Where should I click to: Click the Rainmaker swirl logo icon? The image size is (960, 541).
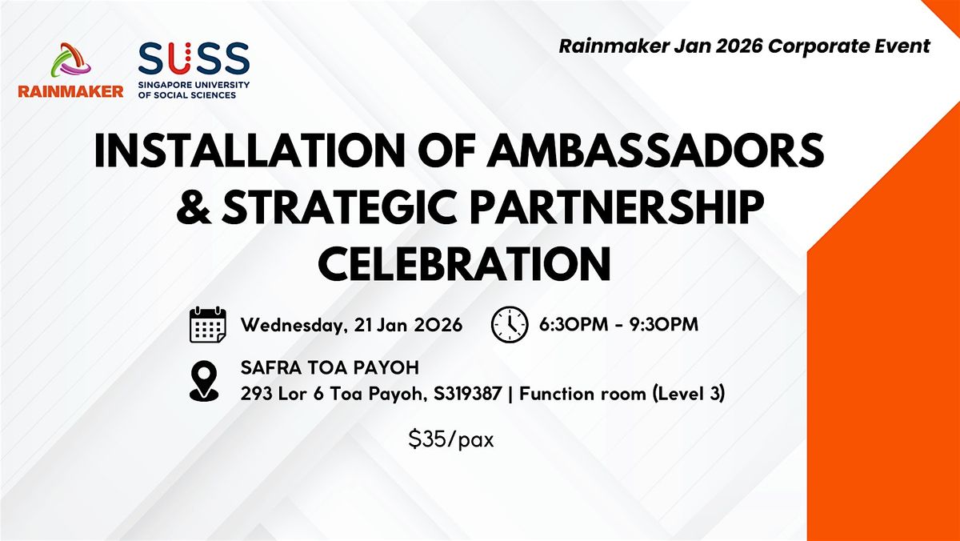click(x=70, y=60)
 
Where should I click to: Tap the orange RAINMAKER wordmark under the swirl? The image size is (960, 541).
click(x=70, y=91)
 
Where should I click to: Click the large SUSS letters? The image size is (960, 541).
click(x=194, y=58)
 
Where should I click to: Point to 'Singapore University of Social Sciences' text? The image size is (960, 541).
click(x=194, y=90)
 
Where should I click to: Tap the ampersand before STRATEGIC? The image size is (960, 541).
click(x=194, y=207)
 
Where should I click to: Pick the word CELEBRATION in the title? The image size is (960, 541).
click(x=464, y=263)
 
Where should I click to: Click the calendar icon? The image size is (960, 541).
click(x=208, y=324)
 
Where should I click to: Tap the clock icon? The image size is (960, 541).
click(x=510, y=324)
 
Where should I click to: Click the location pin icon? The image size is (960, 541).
click(x=204, y=381)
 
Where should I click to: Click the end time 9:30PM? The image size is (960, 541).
click(x=664, y=324)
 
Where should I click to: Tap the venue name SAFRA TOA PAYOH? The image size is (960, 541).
click(x=330, y=368)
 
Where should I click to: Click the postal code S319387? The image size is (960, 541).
click(x=467, y=394)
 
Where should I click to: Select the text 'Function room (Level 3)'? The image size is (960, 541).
click(x=622, y=394)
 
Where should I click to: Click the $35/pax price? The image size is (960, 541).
click(x=451, y=440)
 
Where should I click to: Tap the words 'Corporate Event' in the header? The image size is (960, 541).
click(x=849, y=46)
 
